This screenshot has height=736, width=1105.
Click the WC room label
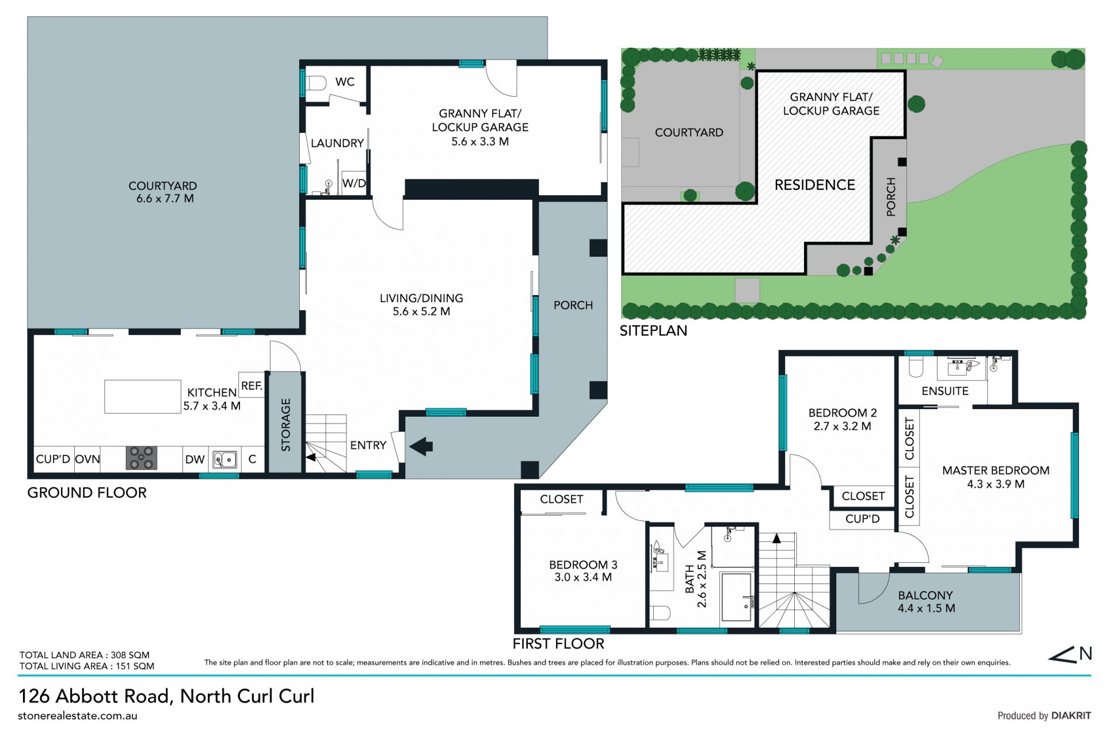[345, 82]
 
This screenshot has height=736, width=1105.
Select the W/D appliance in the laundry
[354, 184]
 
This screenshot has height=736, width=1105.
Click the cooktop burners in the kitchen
[142, 459]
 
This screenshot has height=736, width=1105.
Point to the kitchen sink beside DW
[224, 460]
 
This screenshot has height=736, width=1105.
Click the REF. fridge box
[252, 386]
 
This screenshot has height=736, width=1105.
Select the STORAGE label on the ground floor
[285, 425]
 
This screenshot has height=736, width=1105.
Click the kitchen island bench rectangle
[143, 396]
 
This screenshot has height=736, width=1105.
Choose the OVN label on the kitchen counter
[87, 459]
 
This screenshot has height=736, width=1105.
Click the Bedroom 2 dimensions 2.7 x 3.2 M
[843, 426]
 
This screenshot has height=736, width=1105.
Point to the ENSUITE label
[945, 391]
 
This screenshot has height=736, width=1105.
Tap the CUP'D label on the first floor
[863, 519]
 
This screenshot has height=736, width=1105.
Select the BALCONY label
[925, 596]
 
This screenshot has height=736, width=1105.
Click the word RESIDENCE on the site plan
[815, 185]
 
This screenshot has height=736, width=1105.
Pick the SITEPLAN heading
[653, 331]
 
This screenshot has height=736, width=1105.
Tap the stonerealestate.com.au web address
[78, 716]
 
